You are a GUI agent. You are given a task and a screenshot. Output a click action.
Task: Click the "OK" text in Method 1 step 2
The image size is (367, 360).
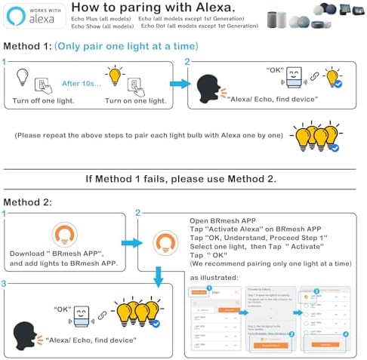point(274,70)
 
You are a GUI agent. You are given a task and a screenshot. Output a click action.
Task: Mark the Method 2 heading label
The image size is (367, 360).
point(26,202)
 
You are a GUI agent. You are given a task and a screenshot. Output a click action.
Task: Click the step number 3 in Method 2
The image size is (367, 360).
point(5,283)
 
